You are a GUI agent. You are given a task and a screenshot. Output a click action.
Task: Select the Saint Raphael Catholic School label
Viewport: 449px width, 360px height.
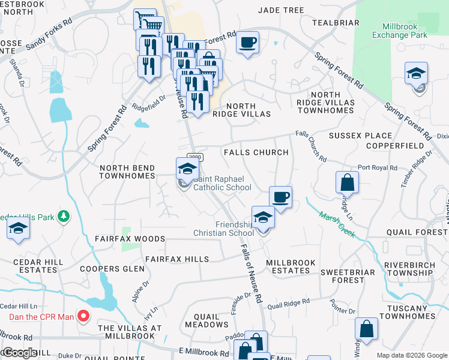(221, 187)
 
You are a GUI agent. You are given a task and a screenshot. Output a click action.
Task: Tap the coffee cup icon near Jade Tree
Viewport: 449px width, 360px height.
(247, 43)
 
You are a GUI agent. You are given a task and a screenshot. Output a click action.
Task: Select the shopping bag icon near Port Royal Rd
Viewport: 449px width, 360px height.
(347, 181)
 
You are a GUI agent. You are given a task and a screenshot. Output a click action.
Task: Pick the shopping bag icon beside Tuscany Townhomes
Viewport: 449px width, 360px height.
(366, 329)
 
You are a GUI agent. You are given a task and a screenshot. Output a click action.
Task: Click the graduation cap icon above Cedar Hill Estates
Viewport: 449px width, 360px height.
(19, 230)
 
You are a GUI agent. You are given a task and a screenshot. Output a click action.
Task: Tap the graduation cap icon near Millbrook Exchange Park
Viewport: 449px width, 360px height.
(416, 73)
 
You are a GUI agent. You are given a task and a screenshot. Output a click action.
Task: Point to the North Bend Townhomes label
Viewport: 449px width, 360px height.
(127, 173)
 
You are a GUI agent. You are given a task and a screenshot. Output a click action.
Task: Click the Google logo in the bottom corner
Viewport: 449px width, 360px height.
(20, 353)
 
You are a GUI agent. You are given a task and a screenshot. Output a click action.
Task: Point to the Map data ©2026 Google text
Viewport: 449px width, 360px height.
(412, 355)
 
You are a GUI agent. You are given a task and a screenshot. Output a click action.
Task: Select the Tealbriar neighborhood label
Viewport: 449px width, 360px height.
(336, 23)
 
